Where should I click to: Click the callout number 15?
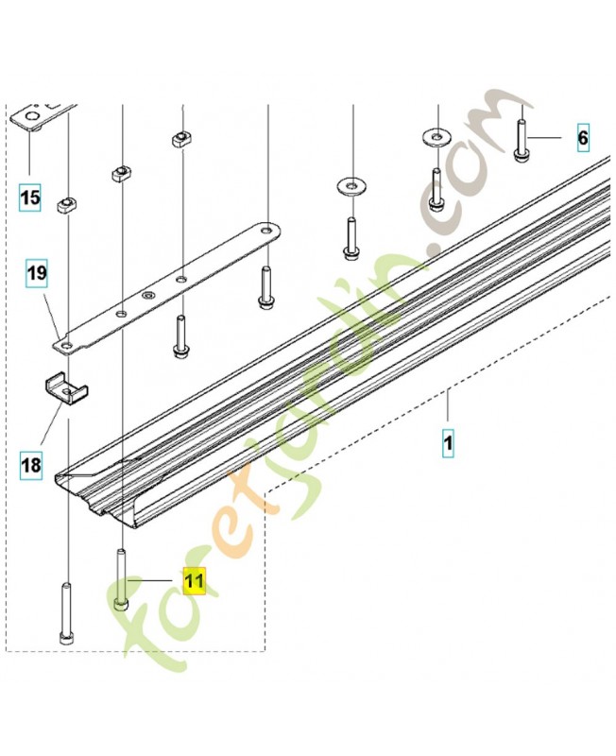tap(30, 198)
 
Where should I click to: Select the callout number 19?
tap(37, 273)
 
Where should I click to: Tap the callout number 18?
tap(31, 465)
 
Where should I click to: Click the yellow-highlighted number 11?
tap(195, 581)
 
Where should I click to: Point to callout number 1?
tap(448, 442)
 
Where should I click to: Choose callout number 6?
tap(583, 138)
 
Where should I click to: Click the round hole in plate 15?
tap(32, 116)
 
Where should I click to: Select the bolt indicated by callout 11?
tap(121, 579)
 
